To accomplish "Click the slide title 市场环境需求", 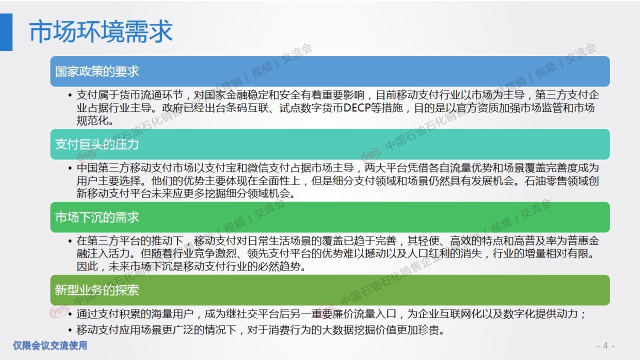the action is tap(101, 31).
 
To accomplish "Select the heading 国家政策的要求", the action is tap(97, 71).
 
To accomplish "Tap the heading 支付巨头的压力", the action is tap(97, 144).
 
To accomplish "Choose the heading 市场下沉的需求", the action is tap(97, 217).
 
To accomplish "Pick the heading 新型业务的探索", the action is tap(97, 290).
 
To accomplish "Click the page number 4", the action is tap(605, 346).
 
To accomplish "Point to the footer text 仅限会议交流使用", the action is tap(50, 345).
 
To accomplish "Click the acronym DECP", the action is tap(357, 108).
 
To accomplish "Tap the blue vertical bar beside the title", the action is tap(6, 32).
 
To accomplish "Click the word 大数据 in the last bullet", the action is tap(337, 330).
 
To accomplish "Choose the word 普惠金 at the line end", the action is tap(583, 241).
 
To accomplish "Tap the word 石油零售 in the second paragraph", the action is tap(545, 181).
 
